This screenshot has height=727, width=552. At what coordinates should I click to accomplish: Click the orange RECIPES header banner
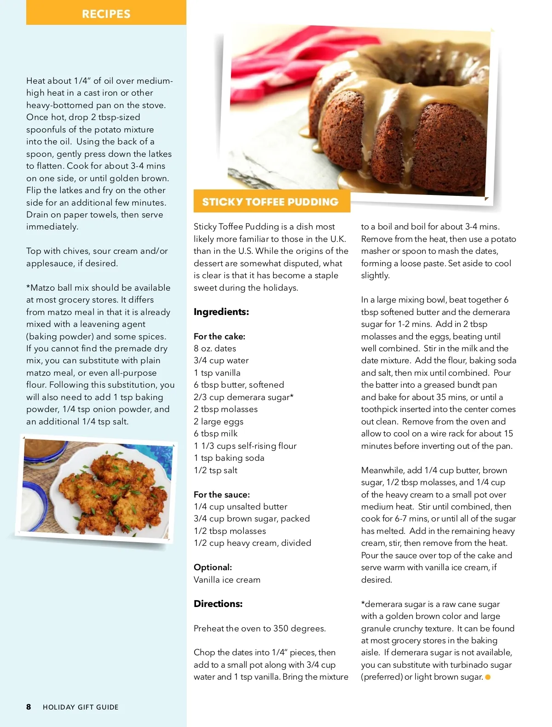tap(106, 13)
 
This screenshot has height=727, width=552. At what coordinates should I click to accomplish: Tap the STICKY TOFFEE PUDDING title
tap(270, 202)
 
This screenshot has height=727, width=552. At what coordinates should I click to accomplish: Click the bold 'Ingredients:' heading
tap(221, 312)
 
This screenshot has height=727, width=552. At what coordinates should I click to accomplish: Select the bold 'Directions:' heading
tap(218, 604)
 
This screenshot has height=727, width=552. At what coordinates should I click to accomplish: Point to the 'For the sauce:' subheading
tap(222, 494)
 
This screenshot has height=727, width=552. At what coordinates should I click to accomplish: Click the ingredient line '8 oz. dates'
tap(215, 349)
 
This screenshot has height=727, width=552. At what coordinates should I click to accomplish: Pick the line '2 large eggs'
tap(218, 421)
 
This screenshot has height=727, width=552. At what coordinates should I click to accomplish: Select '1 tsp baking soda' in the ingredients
tap(229, 458)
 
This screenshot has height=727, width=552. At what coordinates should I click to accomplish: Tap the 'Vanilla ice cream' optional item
tap(227, 579)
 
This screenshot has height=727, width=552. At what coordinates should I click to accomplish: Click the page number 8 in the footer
tap(29, 707)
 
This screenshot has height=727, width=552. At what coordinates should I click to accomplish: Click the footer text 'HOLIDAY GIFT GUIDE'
tap(80, 707)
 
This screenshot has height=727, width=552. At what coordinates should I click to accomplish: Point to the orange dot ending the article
tap(488, 677)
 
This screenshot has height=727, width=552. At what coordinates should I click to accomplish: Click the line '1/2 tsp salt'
tap(216, 470)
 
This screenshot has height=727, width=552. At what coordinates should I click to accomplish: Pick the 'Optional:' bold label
tap(213, 567)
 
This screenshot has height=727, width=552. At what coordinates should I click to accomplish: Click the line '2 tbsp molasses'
tap(225, 409)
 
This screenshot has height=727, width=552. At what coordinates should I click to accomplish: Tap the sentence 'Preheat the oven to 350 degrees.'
tap(259, 628)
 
